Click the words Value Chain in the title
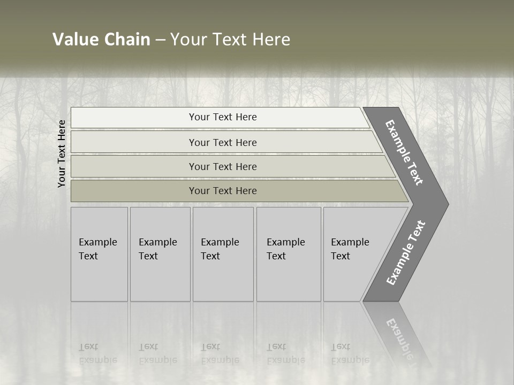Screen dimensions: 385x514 click(101, 40)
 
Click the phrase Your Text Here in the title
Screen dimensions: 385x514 click(230, 40)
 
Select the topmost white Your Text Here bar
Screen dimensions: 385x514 click(222, 117)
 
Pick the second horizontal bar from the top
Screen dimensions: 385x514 click(222, 142)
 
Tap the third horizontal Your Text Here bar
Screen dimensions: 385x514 click(222, 166)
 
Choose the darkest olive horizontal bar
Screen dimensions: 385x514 click(222, 191)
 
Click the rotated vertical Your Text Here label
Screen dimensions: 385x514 click(62, 153)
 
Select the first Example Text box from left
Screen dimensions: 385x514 click(99, 254)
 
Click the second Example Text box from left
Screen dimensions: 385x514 click(160, 254)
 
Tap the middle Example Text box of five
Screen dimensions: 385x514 click(223, 254)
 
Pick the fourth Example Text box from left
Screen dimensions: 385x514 click(288, 254)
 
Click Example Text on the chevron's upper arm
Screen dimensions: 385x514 click(404, 152)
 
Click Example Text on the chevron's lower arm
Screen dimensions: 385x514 click(405, 253)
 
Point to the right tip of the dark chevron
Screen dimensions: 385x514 click(447, 204)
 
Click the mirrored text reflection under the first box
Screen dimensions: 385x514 click(97, 353)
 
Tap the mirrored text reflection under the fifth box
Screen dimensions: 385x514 click(350, 353)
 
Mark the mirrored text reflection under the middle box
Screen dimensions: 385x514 click(220, 353)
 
